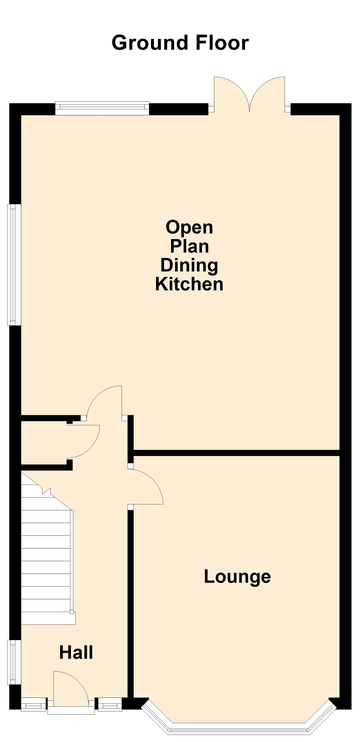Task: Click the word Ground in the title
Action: pos(150,43)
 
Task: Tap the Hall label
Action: pos(76,653)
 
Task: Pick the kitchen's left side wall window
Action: pos(14,265)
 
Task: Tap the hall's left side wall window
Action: pos(14,662)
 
